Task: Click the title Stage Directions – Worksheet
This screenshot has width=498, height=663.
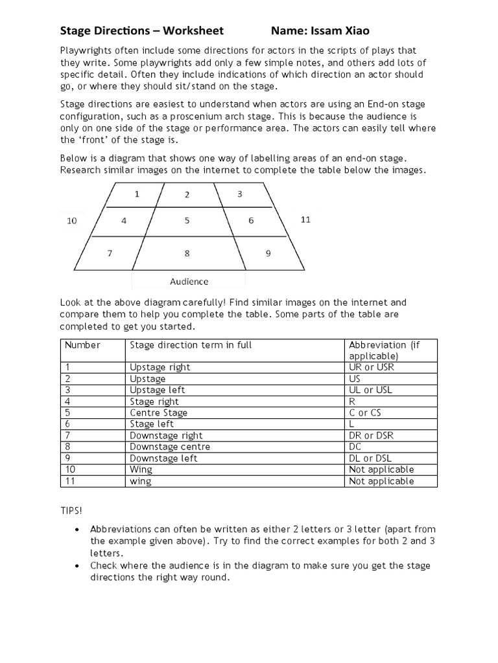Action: click(x=142, y=30)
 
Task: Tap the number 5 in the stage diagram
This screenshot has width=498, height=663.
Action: click(x=187, y=221)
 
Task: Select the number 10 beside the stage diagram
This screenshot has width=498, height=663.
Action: click(x=72, y=221)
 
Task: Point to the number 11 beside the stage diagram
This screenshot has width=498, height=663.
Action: click(x=305, y=219)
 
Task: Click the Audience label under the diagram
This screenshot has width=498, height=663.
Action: click(x=189, y=281)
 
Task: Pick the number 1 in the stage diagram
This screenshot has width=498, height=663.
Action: click(x=136, y=194)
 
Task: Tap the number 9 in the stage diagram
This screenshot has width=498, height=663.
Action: click(x=268, y=254)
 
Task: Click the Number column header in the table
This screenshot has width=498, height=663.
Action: click(x=82, y=345)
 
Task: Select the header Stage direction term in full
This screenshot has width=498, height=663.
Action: click(x=191, y=345)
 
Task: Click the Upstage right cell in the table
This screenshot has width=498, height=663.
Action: click(x=160, y=367)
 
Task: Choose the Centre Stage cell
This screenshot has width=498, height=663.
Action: click(x=159, y=412)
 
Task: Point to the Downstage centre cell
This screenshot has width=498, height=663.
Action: click(x=170, y=447)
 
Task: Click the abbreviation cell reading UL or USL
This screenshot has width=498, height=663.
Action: click(x=370, y=390)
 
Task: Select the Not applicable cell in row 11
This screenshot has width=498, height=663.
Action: click(x=381, y=481)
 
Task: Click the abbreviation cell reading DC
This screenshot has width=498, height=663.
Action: click(x=355, y=447)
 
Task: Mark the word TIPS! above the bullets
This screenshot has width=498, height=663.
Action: click(x=71, y=510)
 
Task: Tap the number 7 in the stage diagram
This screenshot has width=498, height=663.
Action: click(x=110, y=254)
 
